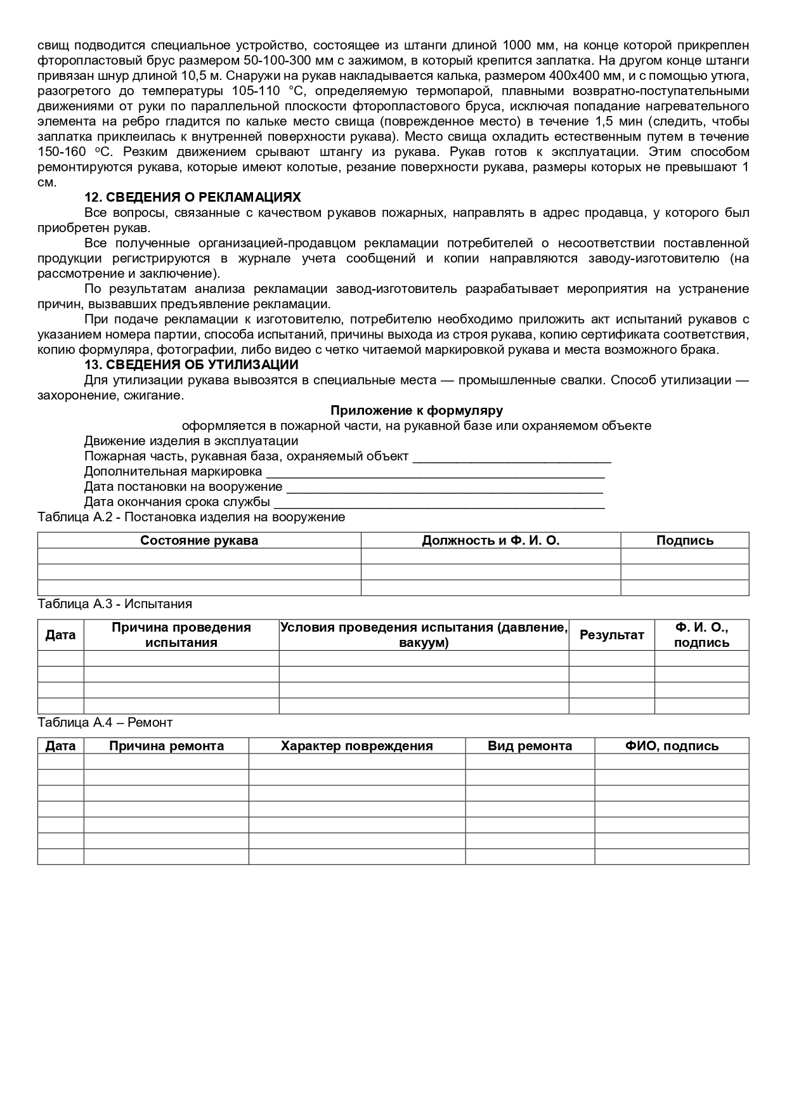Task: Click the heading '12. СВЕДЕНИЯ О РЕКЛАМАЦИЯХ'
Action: pos(193,197)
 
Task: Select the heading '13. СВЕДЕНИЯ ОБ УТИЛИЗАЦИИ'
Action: pos(192,365)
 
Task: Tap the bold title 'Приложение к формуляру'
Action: pos(417,411)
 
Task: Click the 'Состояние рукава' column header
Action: pos(199,541)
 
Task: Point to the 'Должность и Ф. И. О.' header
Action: pos(491,541)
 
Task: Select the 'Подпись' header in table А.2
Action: pos(685,541)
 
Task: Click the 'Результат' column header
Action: pos(612,635)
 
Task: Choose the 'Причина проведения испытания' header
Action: pos(181,635)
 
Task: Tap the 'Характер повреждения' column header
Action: pos(357,746)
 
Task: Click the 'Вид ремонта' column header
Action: pos(530,746)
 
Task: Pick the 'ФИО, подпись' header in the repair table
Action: pos(672,746)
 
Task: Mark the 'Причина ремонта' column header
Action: pos(166,746)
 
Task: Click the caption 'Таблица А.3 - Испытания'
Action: pos(115,604)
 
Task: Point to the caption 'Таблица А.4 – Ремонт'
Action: pos(105,723)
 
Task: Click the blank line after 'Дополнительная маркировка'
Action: pos(435,473)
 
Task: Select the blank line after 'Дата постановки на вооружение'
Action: pos(445,488)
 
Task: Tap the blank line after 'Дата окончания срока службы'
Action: pos(438,504)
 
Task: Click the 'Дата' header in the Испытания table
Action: pos(61,635)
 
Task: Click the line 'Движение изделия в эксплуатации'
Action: pos(191,441)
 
